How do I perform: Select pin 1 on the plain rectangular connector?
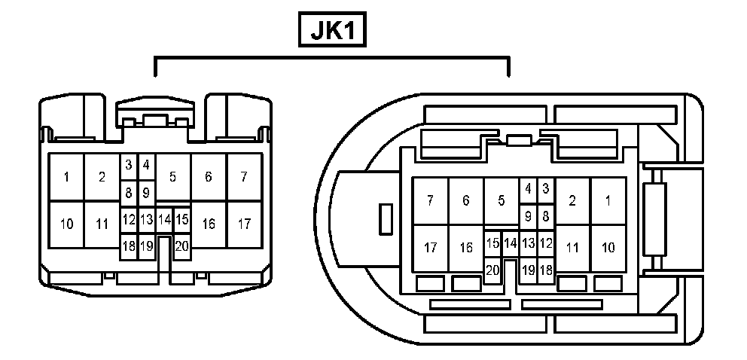tap(66, 178)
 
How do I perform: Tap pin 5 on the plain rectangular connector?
tap(172, 178)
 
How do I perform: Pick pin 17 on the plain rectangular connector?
tap(244, 224)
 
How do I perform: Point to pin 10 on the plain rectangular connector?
tap(66, 224)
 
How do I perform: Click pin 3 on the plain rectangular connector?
tap(129, 164)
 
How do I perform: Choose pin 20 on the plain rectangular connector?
tap(181, 245)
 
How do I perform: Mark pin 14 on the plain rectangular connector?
tap(164, 219)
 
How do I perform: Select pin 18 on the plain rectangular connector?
tap(129, 245)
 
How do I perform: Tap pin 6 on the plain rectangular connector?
tap(208, 178)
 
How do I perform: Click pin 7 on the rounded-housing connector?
tap(430, 200)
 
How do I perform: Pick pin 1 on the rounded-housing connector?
tap(608, 200)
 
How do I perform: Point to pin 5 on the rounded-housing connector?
tap(501, 200)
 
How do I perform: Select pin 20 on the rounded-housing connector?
tap(492, 270)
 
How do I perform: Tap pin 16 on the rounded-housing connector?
tap(466, 247)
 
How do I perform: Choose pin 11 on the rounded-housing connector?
tap(572, 247)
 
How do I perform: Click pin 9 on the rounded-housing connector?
tap(528, 215)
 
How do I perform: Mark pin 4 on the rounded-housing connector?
tap(528, 188)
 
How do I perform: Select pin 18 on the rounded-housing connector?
tap(546, 270)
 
